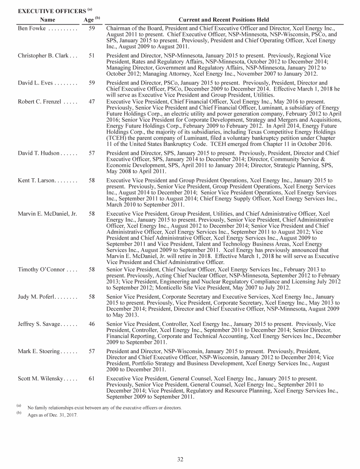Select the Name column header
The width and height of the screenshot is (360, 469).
pyautogui.click(x=47, y=20)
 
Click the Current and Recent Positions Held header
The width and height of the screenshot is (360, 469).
pyautogui.click(x=224, y=20)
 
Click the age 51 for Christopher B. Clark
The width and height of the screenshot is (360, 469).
pyautogui.click(x=92, y=55)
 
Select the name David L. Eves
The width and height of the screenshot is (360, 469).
pyautogui.click(x=35, y=83)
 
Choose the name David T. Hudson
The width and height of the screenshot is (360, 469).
pyautogui.click(x=38, y=153)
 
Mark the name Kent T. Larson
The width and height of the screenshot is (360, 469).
pyautogui.click(x=37, y=181)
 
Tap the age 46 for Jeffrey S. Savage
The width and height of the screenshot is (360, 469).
pyautogui.click(x=92, y=324)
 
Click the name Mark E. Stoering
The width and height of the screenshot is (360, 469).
pyautogui.click(x=39, y=351)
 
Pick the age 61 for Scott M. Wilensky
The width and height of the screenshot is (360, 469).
pyautogui.click(x=92, y=378)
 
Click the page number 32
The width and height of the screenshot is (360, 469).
pyautogui.click(x=180, y=459)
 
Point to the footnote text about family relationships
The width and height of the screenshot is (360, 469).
pyautogui.click(x=104, y=408)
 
